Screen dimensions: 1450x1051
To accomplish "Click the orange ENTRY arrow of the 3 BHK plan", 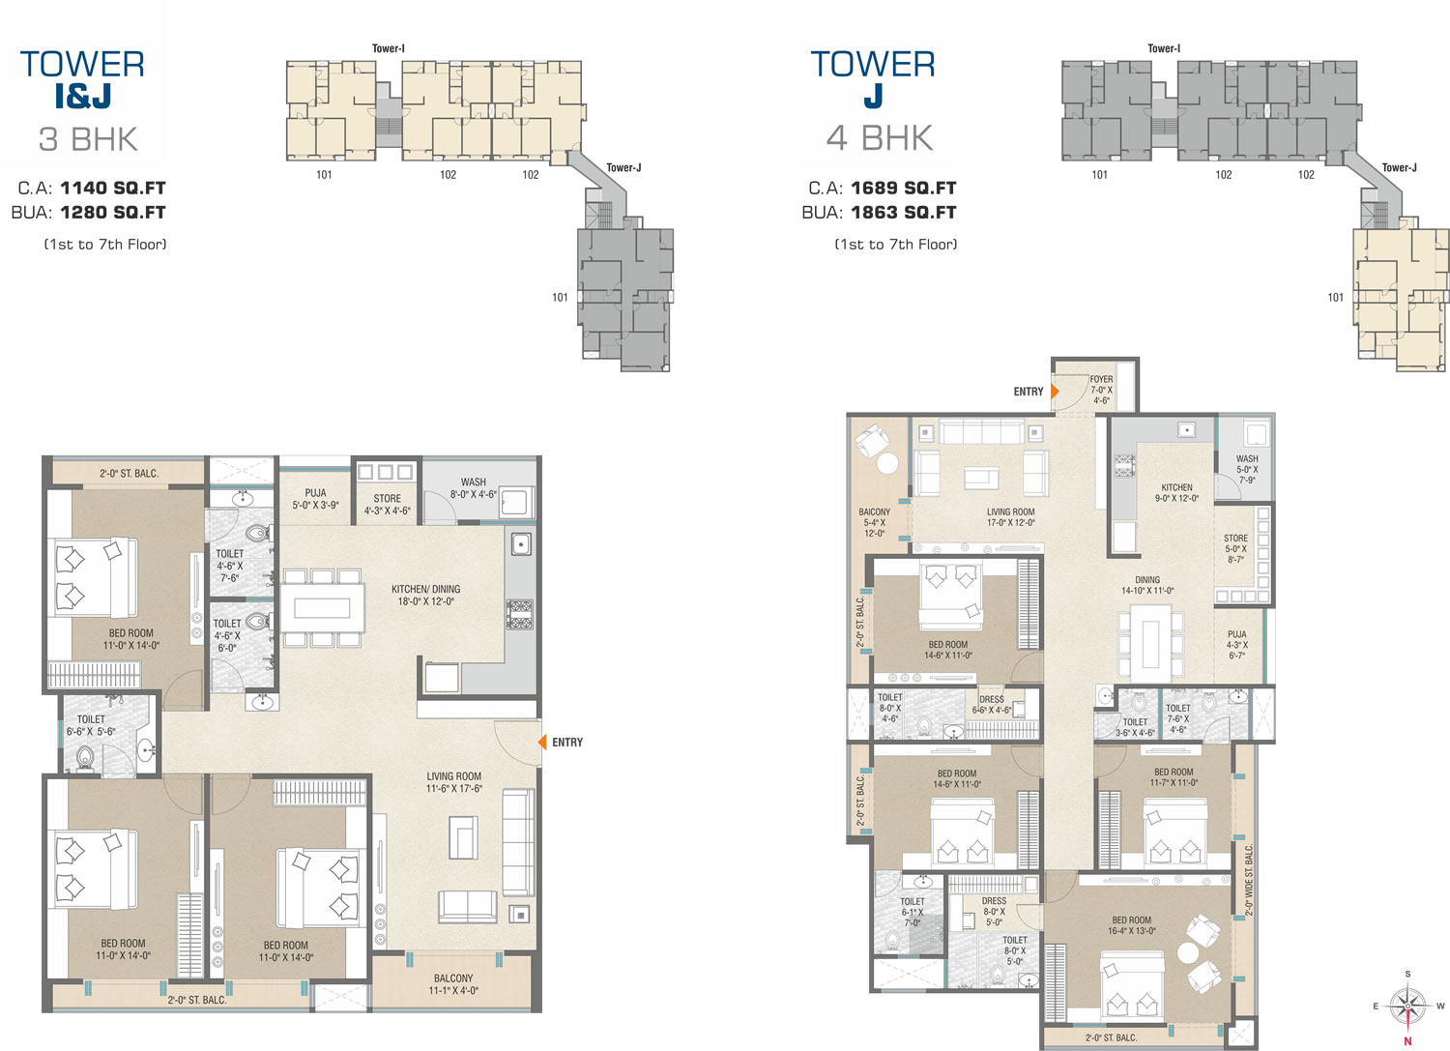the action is [x=542, y=743].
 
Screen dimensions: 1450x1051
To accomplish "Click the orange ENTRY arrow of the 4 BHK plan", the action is [x=1055, y=392].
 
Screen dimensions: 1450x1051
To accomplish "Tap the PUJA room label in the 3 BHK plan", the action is [x=315, y=499].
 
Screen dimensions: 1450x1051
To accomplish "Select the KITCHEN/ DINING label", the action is [x=426, y=595].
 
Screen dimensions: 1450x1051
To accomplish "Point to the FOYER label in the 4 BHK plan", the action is [x=1101, y=390].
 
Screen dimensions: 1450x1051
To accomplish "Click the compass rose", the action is [x=1407, y=1007].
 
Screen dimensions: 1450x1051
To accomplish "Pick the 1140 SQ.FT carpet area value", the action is [x=113, y=188].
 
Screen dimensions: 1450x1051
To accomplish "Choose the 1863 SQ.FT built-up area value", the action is [x=903, y=213].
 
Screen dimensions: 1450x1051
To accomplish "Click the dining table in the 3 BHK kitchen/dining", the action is [x=322, y=607].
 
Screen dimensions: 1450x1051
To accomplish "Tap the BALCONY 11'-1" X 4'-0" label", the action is [x=453, y=984].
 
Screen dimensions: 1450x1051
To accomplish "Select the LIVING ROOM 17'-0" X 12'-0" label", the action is [x=1010, y=516].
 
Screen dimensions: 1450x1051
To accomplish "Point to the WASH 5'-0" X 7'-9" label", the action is [x=1247, y=470].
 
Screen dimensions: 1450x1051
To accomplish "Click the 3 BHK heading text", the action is [x=88, y=139].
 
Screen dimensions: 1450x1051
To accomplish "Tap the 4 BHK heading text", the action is [x=880, y=138].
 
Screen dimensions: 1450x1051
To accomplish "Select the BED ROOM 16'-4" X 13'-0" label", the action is [x=1132, y=925].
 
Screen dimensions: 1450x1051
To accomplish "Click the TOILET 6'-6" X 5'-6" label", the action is [x=91, y=725].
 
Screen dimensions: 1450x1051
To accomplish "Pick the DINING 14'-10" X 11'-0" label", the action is [x=1147, y=585].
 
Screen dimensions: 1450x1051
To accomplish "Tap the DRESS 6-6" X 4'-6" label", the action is [x=992, y=705].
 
